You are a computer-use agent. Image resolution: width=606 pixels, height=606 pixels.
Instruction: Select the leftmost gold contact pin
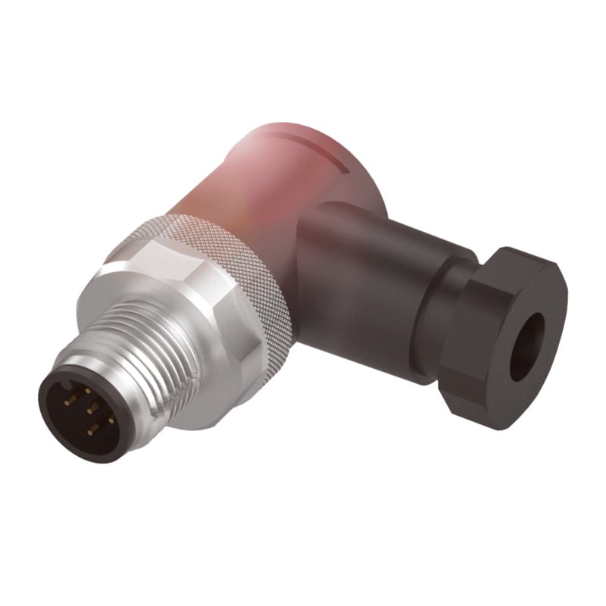(x=67, y=402)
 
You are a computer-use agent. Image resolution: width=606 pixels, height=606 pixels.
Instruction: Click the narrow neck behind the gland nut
(x=447, y=303)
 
